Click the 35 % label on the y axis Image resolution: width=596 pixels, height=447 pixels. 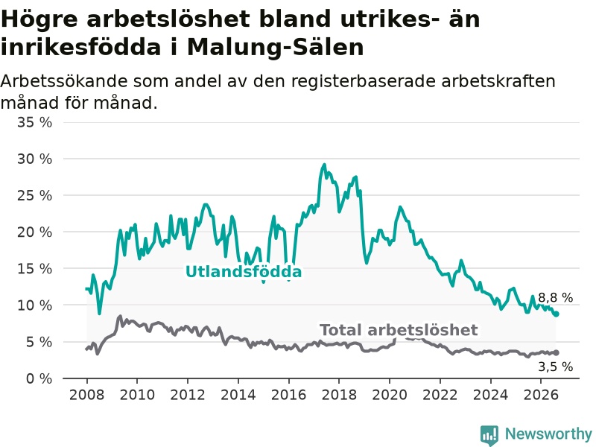(x=34, y=122)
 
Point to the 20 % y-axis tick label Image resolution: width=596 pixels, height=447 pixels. (x=34, y=232)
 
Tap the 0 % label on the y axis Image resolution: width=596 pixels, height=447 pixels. (x=39, y=378)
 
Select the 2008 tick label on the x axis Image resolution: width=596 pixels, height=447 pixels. (x=86, y=395)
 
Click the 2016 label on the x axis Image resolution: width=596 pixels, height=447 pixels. (x=288, y=395)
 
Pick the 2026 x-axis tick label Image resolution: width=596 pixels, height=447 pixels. (x=541, y=395)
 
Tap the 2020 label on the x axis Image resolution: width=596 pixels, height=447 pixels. (x=390, y=395)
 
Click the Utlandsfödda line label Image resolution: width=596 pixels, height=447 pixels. (x=244, y=272)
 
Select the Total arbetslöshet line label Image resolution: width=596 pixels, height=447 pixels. (x=399, y=330)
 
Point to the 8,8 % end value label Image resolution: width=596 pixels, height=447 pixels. (x=555, y=297)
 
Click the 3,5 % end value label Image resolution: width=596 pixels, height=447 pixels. (x=555, y=367)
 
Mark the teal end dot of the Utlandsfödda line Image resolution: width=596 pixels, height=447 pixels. (x=556, y=314)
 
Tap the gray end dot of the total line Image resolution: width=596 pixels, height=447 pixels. (x=556, y=352)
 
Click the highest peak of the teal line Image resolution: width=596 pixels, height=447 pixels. (x=324, y=165)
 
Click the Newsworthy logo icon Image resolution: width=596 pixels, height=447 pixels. (x=489, y=435)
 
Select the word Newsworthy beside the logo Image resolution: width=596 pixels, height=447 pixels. (x=548, y=434)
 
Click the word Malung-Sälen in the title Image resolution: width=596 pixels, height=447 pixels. (x=276, y=48)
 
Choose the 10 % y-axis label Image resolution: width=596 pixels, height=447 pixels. (x=34, y=305)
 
